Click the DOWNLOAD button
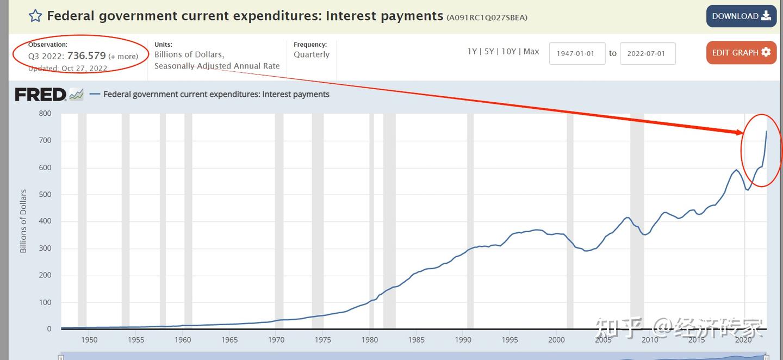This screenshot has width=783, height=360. pyautogui.click(x=741, y=16)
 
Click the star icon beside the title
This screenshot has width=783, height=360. pyautogui.click(x=35, y=16)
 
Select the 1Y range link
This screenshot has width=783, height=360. pyautogui.click(x=472, y=51)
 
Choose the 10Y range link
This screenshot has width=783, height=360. pyautogui.click(x=508, y=51)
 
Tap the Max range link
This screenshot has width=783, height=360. pyautogui.click(x=531, y=51)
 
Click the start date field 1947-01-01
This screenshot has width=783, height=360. pyautogui.click(x=577, y=53)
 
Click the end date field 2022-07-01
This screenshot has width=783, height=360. pyautogui.click(x=647, y=53)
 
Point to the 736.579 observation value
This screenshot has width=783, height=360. pyautogui.click(x=86, y=55)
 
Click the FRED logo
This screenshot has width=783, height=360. pyautogui.click(x=41, y=95)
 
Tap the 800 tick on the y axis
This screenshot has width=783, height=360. pyautogui.click(x=45, y=114)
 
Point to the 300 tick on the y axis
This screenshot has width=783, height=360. pyautogui.click(x=45, y=248)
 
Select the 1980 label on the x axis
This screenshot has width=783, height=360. pyautogui.click(x=370, y=340)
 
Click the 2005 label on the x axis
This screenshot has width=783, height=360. pyautogui.click(x=603, y=340)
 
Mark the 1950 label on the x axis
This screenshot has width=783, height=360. pyautogui.click(x=89, y=340)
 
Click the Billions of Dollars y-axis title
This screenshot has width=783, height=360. pyautogui.click(x=23, y=221)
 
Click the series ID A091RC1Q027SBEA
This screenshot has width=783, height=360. pyautogui.click(x=487, y=17)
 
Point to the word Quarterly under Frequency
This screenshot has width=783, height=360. pyautogui.click(x=312, y=54)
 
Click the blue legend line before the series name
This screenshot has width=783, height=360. pyautogui.click(x=95, y=94)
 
